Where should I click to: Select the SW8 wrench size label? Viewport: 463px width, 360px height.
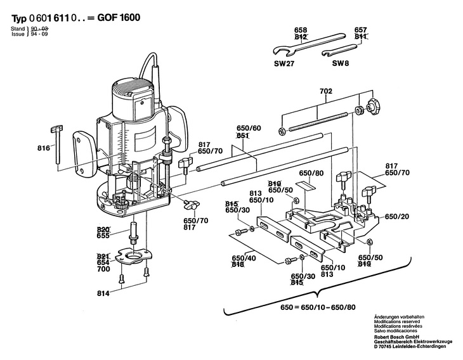[341, 63]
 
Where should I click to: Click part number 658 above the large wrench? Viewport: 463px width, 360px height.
[300, 30]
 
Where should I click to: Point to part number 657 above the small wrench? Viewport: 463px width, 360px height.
[361, 30]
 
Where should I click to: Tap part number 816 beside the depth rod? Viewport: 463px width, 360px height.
[44, 147]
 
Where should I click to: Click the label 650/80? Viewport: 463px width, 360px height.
[311, 173]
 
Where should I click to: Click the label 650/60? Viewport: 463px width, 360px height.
[248, 129]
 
